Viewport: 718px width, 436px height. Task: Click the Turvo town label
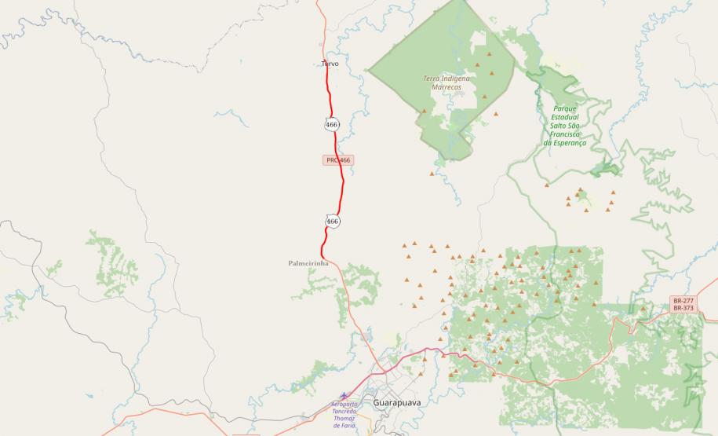pos(330,64)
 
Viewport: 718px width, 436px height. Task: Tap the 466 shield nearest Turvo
pos(331,124)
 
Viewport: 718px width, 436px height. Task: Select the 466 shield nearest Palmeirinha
pos(332,222)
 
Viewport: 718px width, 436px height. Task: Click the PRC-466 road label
pos(338,159)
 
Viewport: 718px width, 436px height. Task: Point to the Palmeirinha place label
pos(308,263)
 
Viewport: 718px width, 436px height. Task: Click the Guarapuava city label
pos(397,402)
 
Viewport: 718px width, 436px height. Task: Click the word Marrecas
pos(446,87)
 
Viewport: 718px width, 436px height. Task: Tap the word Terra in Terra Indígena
pos(432,79)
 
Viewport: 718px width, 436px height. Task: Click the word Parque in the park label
pos(565,108)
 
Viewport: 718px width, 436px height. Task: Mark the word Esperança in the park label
pos(570,143)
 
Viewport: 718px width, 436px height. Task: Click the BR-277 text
pos(683,301)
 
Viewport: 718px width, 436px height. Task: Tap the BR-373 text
pos(683,308)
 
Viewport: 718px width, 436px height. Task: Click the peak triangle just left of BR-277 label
pos(643,309)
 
